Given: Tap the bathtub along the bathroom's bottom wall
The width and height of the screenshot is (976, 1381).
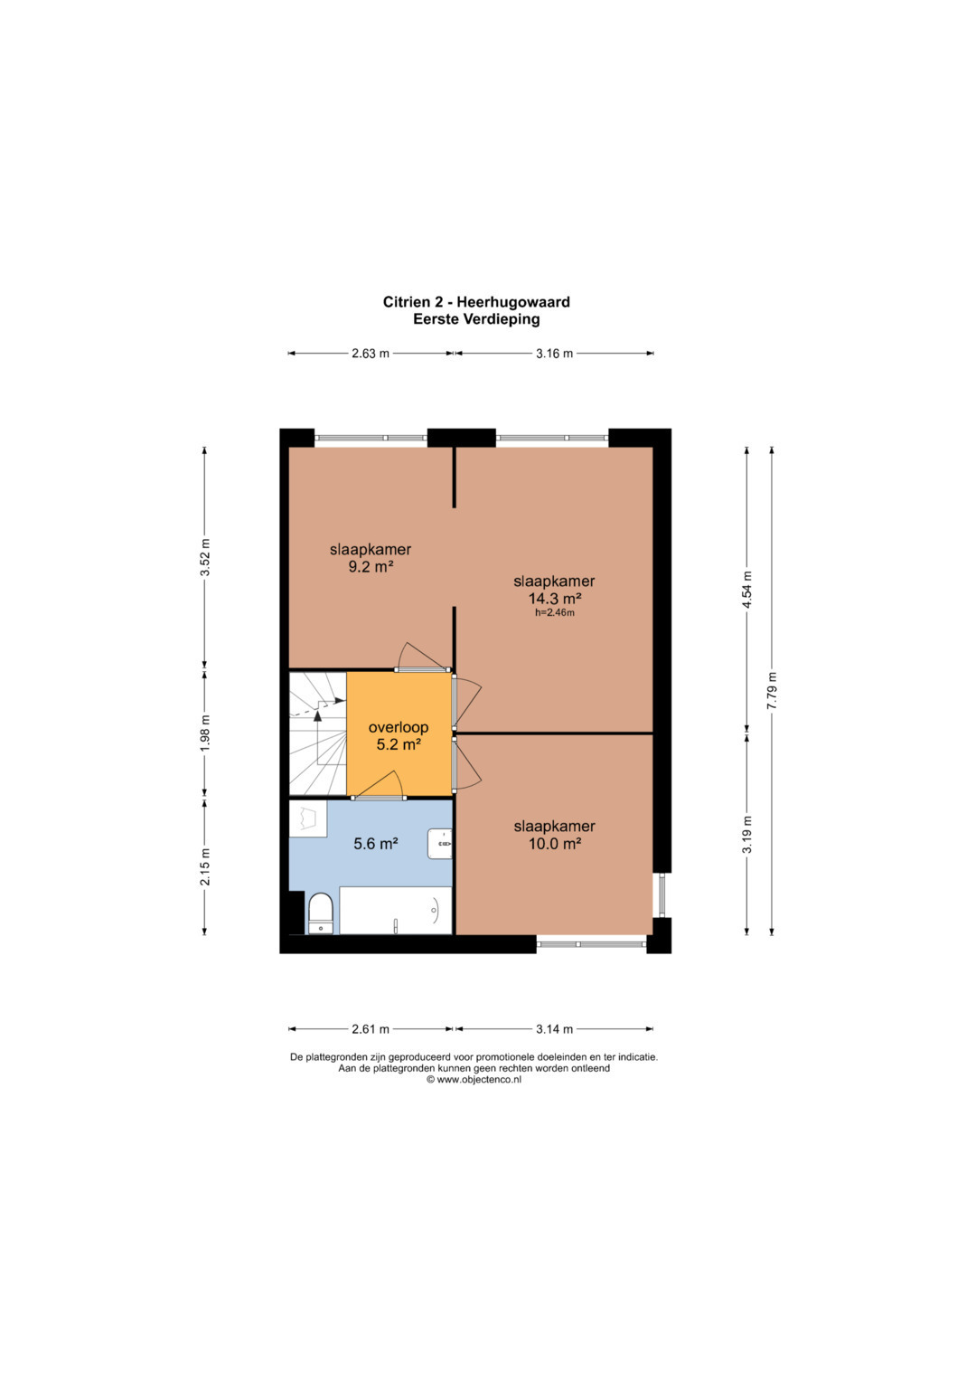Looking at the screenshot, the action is [396, 910].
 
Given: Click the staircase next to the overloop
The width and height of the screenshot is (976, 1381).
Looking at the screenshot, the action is [318, 733].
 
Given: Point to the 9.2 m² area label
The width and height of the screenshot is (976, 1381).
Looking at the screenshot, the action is [371, 567].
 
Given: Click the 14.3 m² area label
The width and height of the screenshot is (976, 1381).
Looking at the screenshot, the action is [555, 598].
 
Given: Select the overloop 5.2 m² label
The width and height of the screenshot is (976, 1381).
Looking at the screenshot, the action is [399, 735].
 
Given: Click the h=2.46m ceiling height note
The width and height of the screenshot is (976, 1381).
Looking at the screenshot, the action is [555, 613].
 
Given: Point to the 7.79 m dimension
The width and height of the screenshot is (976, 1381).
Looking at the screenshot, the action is [772, 691].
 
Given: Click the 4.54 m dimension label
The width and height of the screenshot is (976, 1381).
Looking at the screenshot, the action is [746, 590].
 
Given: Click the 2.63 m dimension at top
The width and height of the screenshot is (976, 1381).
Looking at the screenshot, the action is [371, 354].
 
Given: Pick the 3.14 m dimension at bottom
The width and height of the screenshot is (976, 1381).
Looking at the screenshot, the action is [555, 1029].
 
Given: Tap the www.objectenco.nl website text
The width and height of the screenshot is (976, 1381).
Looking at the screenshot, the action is [479, 1080].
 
